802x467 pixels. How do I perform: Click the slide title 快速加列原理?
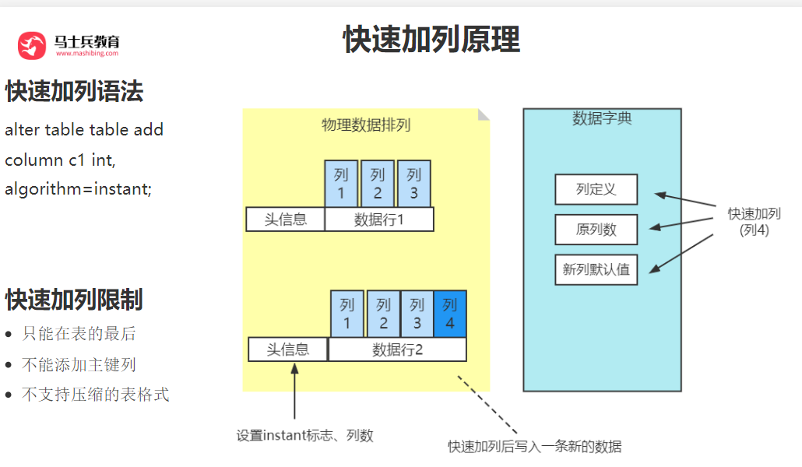[431, 39]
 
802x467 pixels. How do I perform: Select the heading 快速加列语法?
[75, 92]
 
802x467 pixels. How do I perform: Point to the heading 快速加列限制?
[74, 299]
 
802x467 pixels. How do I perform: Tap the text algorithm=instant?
[79, 188]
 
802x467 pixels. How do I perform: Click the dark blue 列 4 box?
[449, 314]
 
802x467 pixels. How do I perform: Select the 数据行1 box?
[379, 219]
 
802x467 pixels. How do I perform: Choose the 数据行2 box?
[397, 349]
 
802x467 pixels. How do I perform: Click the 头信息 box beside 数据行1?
[285, 219]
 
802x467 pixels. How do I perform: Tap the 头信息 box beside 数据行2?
[288, 349]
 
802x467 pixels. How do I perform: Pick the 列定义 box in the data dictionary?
[596, 190]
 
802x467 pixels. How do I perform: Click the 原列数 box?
[596, 230]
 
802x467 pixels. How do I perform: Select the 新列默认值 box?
[596, 270]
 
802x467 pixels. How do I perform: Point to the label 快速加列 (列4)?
[754, 222]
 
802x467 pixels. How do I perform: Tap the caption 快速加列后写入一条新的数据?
[535, 447]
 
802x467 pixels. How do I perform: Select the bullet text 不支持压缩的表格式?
[95, 395]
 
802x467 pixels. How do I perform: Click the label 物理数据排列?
[366, 125]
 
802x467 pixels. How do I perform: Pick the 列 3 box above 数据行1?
[413, 184]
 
